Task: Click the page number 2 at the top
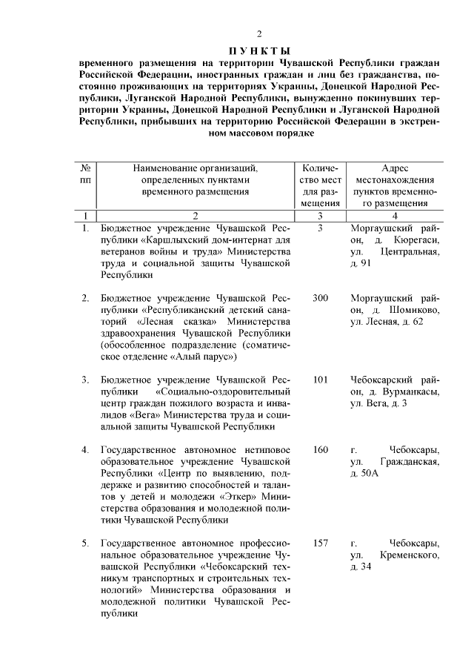point(259,35)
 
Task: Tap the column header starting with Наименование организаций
point(195,179)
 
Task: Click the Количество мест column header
point(320,185)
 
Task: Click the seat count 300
point(320,298)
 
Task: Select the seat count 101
point(320,380)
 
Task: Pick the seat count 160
point(320,450)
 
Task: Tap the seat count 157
point(320,543)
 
